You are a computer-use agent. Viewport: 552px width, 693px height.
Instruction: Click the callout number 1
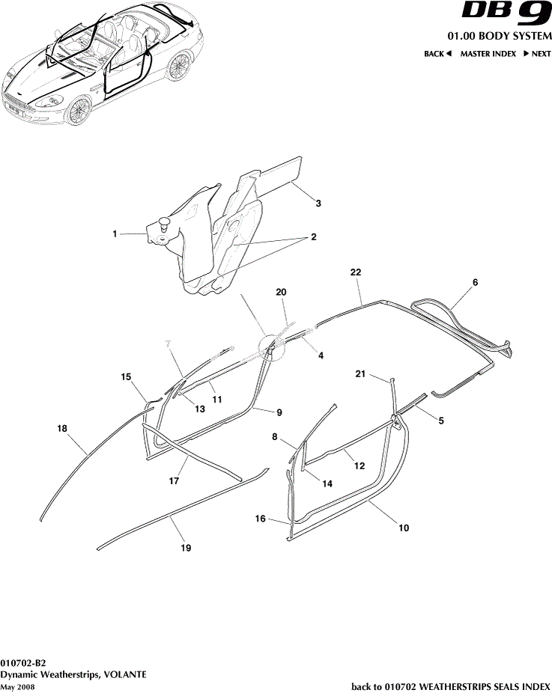[115, 234]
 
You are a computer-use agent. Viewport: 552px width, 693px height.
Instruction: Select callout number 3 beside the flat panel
[318, 204]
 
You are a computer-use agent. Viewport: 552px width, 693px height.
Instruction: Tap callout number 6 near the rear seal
[475, 283]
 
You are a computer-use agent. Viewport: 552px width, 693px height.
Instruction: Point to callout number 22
[356, 274]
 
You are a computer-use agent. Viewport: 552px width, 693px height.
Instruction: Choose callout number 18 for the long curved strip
[62, 428]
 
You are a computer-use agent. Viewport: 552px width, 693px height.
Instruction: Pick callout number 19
[186, 549]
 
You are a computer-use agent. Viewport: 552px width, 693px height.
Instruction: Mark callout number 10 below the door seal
[403, 528]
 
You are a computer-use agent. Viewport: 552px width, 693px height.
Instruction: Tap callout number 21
[360, 373]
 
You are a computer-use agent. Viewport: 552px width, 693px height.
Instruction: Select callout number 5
[441, 421]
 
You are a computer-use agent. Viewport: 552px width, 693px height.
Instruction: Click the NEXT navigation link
[537, 54]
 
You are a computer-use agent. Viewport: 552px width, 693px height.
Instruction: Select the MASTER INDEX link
[488, 54]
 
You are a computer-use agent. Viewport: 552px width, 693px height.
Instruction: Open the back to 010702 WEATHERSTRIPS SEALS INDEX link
[451, 686]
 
